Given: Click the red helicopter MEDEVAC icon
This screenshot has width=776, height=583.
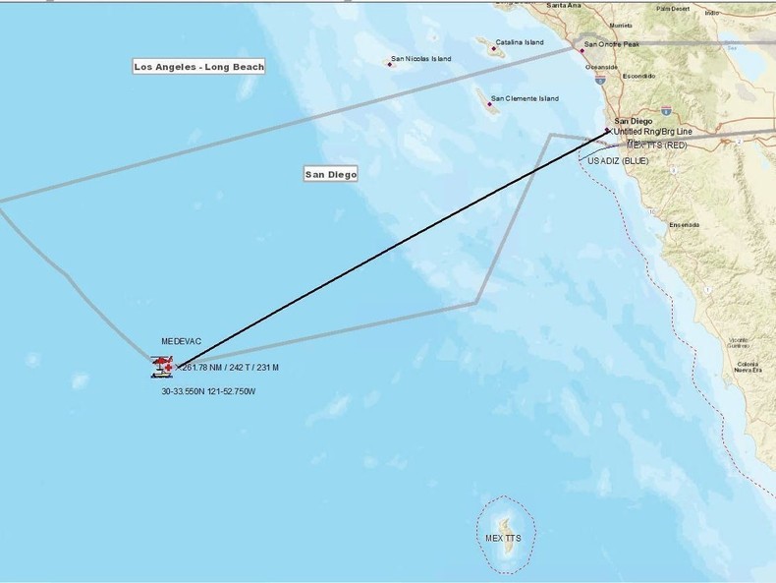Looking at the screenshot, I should pyautogui.click(x=161, y=367).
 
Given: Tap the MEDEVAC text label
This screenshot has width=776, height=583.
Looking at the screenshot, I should pyautogui.click(x=181, y=341).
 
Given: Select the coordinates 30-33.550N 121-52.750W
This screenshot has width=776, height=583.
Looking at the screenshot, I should pyautogui.click(x=208, y=391).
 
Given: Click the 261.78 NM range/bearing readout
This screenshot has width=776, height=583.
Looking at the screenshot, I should pyautogui.click(x=231, y=368).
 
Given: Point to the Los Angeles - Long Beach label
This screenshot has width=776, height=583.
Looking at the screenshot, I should pyautogui.click(x=199, y=67).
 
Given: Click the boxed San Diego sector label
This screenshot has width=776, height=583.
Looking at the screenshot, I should pyautogui.click(x=330, y=174).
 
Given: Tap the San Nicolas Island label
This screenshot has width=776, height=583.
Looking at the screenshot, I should pyautogui.click(x=421, y=59).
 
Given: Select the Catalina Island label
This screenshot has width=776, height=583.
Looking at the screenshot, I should pyautogui.click(x=520, y=42).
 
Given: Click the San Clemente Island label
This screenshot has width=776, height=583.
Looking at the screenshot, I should pyautogui.click(x=525, y=98).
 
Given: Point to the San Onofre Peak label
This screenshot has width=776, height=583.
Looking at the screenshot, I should pyautogui.click(x=614, y=44).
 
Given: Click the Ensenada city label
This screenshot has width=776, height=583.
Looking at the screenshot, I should pyautogui.click(x=684, y=224).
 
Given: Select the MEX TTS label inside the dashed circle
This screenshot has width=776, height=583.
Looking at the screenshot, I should pyautogui.click(x=504, y=539).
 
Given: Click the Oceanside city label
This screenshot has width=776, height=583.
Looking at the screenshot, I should pyautogui.click(x=600, y=68).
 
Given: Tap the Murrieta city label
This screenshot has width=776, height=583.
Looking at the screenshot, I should pyautogui.click(x=620, y=26).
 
